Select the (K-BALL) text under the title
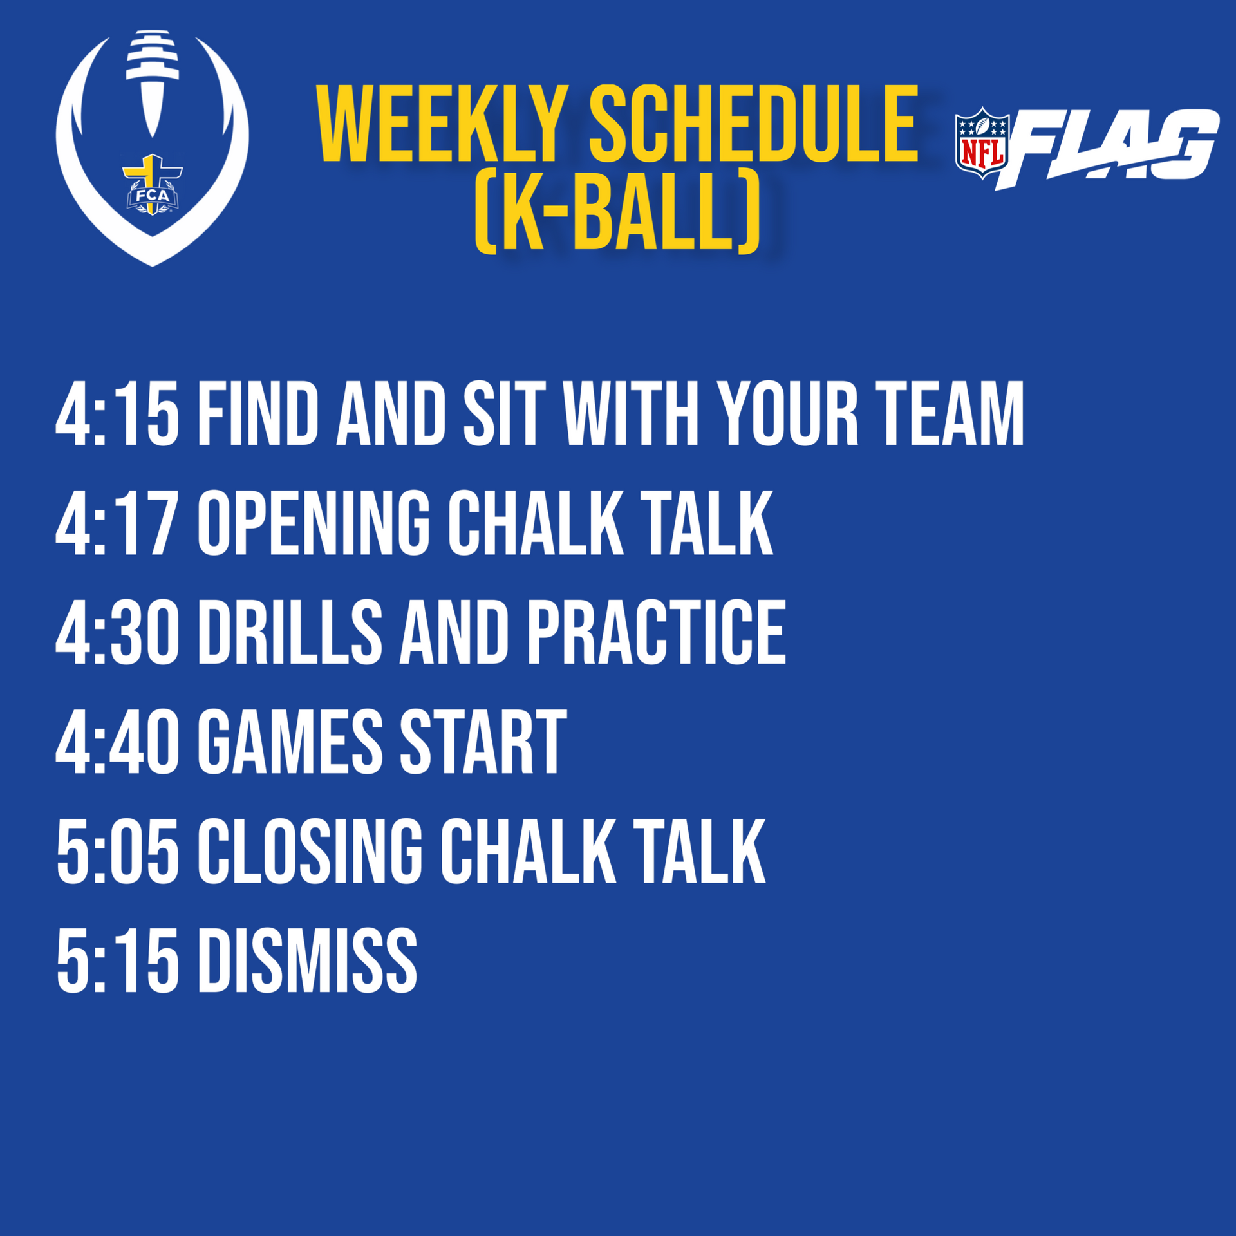617,211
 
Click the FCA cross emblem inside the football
153,185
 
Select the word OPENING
314,523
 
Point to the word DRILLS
290,632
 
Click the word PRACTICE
657,632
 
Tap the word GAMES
290,742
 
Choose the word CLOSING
310,851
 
